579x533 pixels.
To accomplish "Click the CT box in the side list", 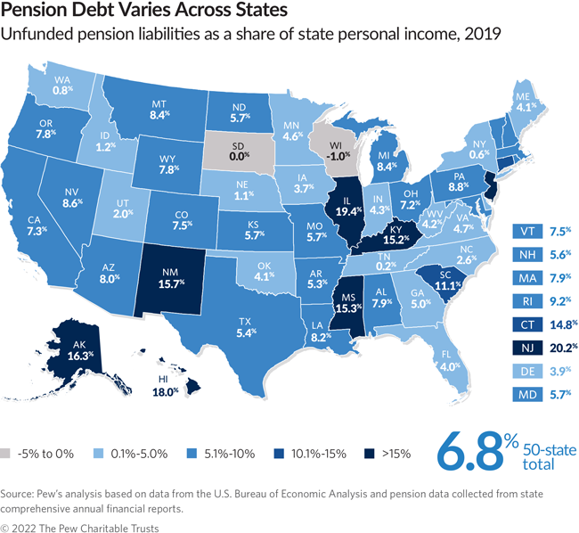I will click(524, 323).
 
